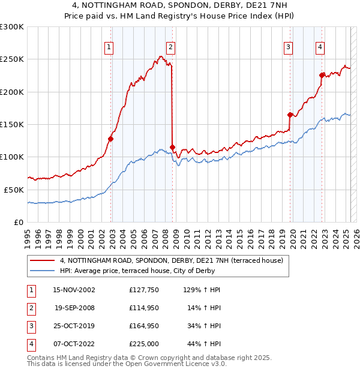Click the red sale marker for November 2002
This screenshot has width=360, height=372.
[110, 139]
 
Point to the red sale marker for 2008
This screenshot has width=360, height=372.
[173, 147]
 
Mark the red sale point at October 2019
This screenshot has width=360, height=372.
[290, 115]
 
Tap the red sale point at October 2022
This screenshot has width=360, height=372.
[322, 76]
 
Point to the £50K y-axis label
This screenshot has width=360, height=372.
[14, 190]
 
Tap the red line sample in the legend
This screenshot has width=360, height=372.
[43, 260]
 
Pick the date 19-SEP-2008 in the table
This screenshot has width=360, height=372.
[74, 308]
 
